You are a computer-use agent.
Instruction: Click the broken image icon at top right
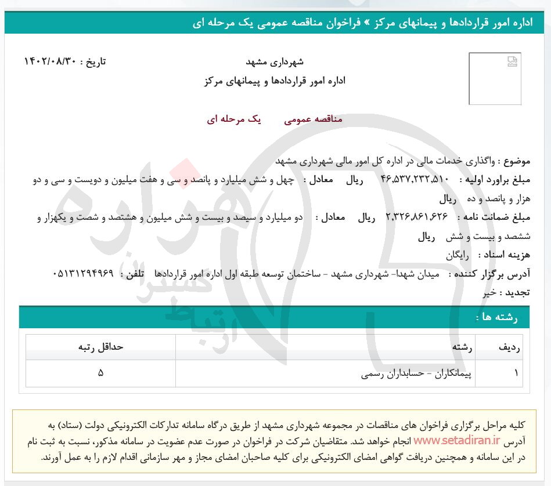[512, 61]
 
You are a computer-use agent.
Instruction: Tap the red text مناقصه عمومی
[314, 119]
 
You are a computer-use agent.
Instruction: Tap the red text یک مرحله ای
[234, 119]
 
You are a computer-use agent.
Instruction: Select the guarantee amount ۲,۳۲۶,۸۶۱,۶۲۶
[417, 217]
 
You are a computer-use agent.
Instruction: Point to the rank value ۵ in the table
[100, 374]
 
